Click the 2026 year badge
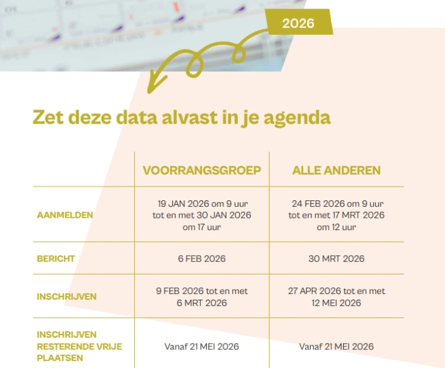click(299, 23)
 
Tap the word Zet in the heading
click(48, 117)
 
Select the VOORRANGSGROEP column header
click(202, 170)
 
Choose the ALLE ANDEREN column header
click(336, 170)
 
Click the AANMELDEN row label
click(65, 215)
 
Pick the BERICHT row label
click(56, 258)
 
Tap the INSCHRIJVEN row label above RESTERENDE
click(66, 334)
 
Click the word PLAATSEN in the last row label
click(60, 358)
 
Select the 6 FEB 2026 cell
click(202, 258)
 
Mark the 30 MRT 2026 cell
click(336, 258)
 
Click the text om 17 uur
click(202, 227)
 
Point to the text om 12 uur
click(336, 227)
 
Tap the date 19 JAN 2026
click(183, 204)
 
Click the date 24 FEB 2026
click(319, 204)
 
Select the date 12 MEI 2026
click(336, 303)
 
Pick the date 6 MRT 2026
click(202, 303)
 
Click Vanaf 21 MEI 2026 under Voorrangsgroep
click(202, 347)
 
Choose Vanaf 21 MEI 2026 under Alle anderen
click(336, 347)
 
